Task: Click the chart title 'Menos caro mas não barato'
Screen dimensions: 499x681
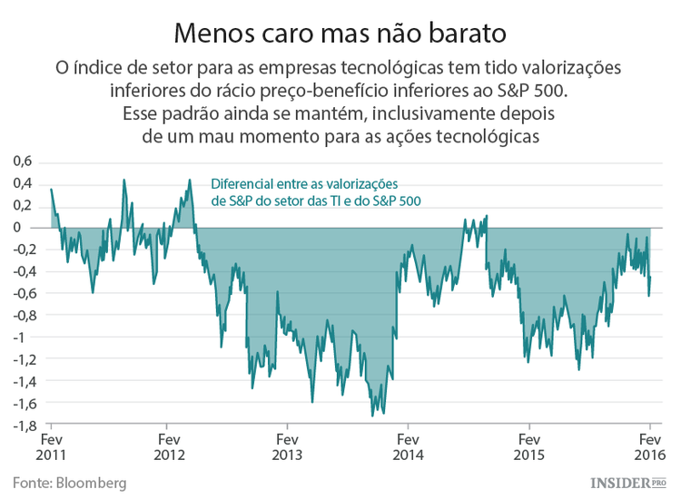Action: click(x=340, y=33)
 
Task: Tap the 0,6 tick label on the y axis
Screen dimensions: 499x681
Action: click(x=22, y=161)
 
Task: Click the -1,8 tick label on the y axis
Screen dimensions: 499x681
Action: click(x=22, y=425)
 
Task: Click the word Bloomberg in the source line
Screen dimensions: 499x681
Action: click(x=89, y=481)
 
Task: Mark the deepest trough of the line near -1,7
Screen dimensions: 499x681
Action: click(x=372, y=416)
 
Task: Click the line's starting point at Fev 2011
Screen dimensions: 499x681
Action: click(x=51, y=189)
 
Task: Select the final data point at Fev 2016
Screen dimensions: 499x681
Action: click(x=650, y=278)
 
